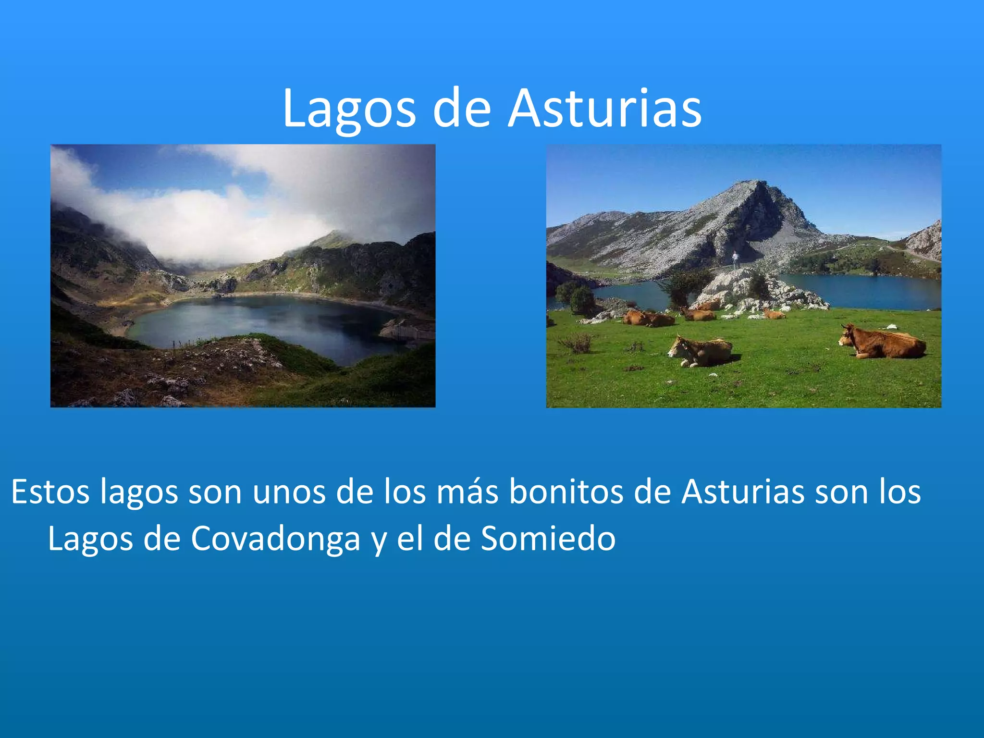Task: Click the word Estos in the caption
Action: [50, 492]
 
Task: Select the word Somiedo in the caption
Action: [548, 538]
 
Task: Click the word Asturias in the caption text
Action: [743, 492]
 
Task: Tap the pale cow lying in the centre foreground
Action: [701, 351]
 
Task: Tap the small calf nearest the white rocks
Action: [774, 314]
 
